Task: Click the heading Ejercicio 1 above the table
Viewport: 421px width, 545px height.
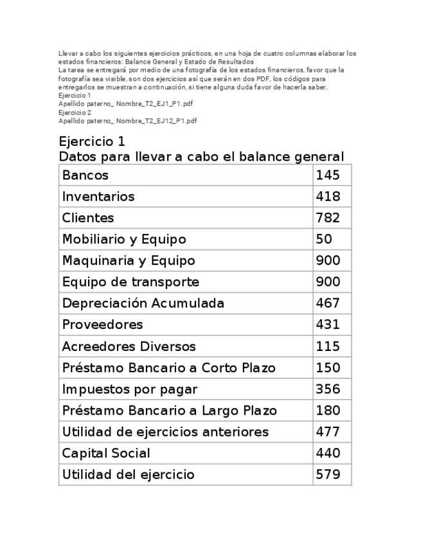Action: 91,141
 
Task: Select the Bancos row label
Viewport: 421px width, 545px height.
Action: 85,175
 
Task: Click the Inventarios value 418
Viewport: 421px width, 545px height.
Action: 328,196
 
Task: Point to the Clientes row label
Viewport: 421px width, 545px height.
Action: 88,218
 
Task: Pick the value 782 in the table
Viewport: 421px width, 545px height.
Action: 328,218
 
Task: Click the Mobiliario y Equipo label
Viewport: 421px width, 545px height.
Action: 124,239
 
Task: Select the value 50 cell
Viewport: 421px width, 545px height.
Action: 324,239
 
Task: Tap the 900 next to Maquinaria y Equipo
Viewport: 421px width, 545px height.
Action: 328,260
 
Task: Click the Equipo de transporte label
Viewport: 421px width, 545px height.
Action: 130,281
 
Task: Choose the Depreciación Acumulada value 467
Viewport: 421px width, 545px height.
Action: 328,303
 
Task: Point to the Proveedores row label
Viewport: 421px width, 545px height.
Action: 102,325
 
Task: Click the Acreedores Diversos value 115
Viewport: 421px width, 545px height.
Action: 328,346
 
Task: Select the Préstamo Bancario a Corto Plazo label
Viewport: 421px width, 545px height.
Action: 168,368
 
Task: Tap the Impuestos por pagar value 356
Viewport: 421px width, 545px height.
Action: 328,389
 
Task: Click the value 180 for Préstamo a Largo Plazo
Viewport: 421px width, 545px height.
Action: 328,411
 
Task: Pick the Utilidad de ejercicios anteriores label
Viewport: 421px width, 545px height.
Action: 165,432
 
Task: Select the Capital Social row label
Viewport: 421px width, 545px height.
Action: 106,453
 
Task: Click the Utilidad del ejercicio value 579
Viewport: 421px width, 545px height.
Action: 328,475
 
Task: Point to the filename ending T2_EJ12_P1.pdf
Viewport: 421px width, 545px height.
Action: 127,120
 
